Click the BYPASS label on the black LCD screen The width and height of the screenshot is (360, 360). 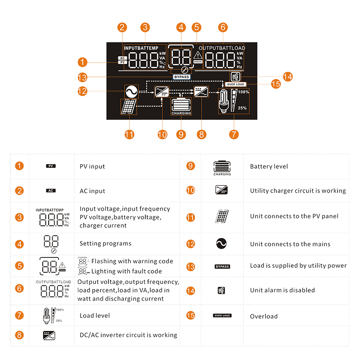[182, 77]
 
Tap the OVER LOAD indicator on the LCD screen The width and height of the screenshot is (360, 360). [235, 84]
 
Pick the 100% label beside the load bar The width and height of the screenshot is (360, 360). [243, 92]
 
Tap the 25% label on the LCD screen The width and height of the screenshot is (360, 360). [242, 108]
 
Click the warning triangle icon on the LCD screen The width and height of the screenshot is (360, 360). [198, 55]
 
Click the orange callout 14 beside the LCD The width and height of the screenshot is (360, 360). [287, 77]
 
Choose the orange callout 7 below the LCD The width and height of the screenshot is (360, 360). [234, 134]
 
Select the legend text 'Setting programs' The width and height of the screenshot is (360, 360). [105, 243]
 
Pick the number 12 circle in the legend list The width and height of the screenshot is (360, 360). [191, 243]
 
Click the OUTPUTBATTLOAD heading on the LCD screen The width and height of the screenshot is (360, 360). [222, 48]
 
